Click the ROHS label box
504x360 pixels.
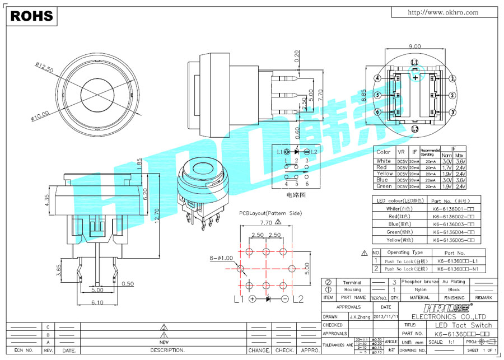pyautogui.click(x=31, y=16)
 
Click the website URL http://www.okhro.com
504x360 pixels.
pyautogui.click(x=442, y=12)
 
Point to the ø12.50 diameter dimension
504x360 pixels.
pyautogui.click(x=44, y=68)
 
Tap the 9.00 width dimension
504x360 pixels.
pyautogui.click(x=415, y=46)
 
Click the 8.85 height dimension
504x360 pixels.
pyautogui.click(x=364, y=96)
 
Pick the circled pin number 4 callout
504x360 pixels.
pyautogui.click(x=377, y=78)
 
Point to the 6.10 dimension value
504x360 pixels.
pyautogui.click(x=97, y=302)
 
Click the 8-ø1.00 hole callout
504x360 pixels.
pyautogui.click(x=221, y=258)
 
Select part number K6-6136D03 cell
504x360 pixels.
pyautogui.click(x=454, y=224)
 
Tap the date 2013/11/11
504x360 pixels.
pyautogui.click(x=386, y=316)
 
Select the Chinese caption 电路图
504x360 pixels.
pyautogui.click(x=296, y=195)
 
